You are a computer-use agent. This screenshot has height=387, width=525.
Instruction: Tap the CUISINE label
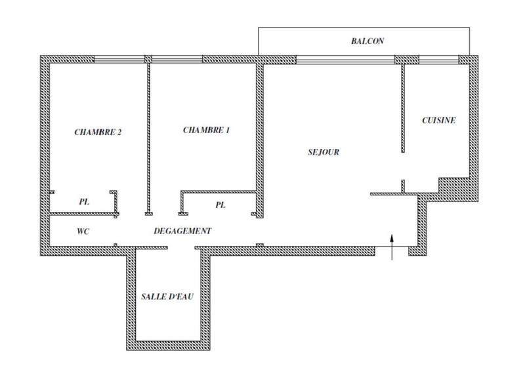click(438, 121)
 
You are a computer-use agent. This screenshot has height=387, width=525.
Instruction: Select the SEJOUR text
click(323, 152)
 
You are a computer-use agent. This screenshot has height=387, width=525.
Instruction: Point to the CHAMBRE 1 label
click(206, 130)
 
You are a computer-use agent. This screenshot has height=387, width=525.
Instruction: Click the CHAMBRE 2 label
click(98, 131)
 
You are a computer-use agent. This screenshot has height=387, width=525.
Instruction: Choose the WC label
click(83, 231)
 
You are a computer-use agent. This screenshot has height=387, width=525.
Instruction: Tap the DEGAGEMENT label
click(182, 231)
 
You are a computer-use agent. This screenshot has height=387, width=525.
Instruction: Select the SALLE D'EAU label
click(167, 297)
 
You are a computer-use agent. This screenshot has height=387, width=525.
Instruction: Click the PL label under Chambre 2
click(84, 202)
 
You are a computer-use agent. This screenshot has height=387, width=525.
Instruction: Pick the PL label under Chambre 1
click(220, 205)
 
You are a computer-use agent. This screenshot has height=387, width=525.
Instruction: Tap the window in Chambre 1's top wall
click(177, 59)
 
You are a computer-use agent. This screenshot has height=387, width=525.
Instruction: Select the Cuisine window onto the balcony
click(438, 59)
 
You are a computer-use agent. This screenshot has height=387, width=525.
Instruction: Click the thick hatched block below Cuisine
click(452, 190)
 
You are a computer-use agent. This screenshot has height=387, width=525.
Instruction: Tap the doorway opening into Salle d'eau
click(182, 247)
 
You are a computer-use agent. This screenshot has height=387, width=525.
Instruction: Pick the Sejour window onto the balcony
click(345, 59)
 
